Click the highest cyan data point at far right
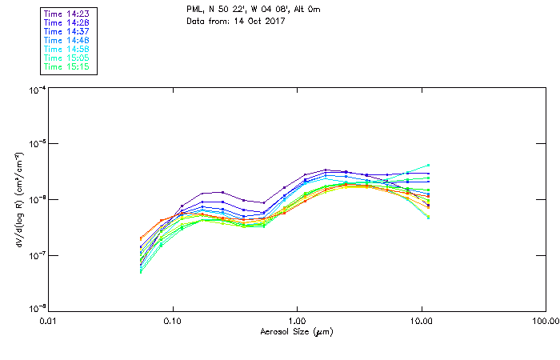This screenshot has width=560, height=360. tap(429, 165)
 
